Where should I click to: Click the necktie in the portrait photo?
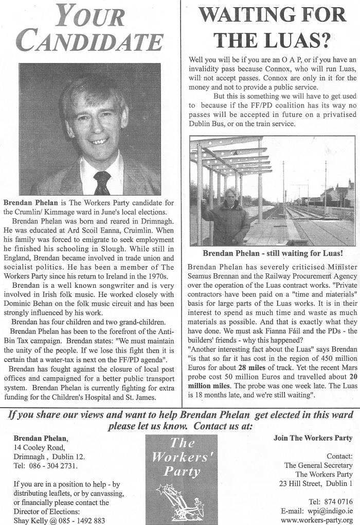(x=102, y=182)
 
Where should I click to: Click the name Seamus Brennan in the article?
(x=212, y=276)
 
